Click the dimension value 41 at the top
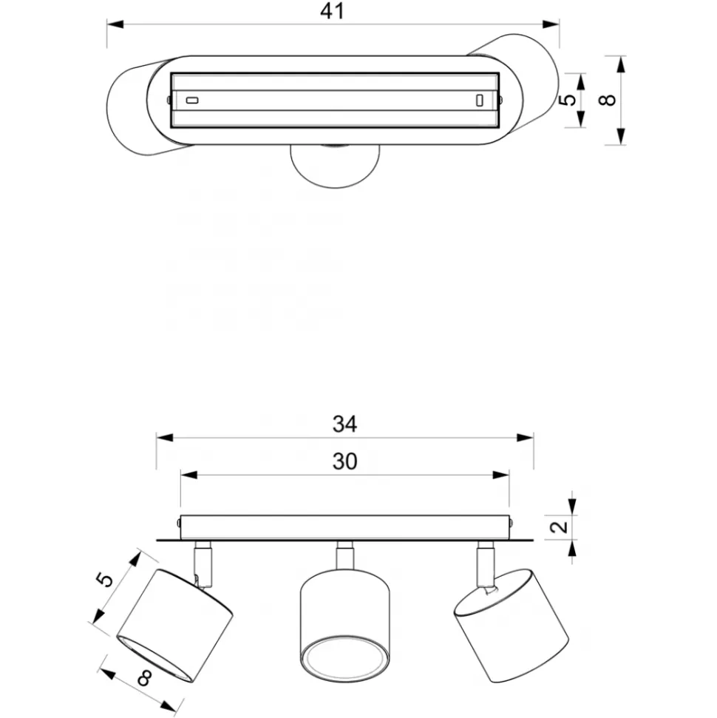(332, 11)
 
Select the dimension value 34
(344, 424)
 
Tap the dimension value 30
(344, 461)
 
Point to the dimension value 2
(560, 527)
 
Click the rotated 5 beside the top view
(568, 100)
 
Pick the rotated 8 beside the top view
(608, 100)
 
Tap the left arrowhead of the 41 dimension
(115, 24)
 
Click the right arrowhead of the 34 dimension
(525, 438)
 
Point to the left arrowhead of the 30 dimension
(188, 475)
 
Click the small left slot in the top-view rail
(192, 101)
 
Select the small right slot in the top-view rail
(480, 101)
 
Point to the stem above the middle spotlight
(344, 555)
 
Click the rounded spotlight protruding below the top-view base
(335, 166)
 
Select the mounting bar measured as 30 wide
(344, 527)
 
